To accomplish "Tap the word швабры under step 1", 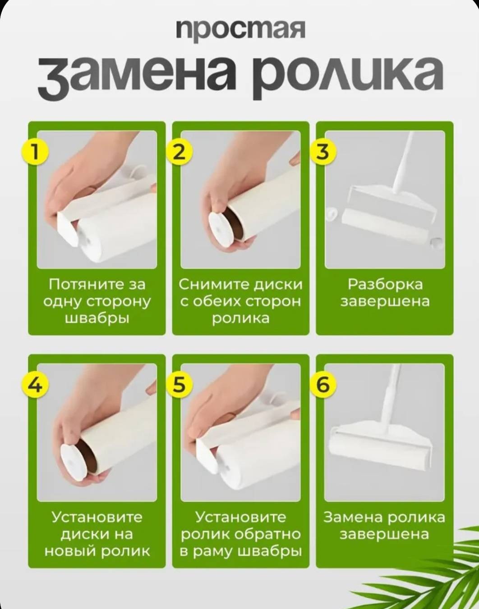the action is tap(97, 318).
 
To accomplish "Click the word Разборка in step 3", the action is tap(385, 285).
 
